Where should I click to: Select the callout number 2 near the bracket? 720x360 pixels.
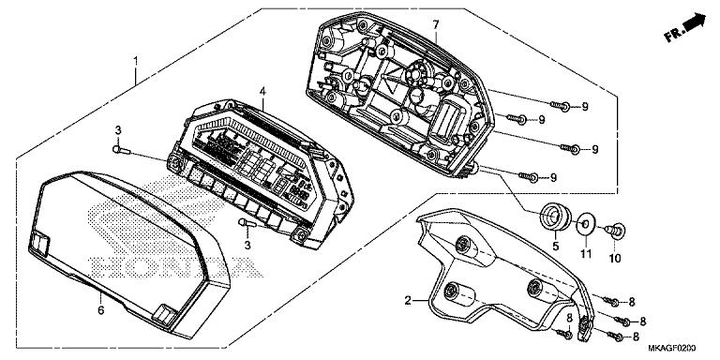409,301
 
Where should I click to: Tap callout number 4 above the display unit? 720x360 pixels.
263,92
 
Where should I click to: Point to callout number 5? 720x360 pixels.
554,247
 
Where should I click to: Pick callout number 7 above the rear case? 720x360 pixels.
435,22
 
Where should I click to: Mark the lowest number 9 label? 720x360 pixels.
552,177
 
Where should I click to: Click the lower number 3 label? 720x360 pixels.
247,245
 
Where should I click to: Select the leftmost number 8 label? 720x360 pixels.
570,319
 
